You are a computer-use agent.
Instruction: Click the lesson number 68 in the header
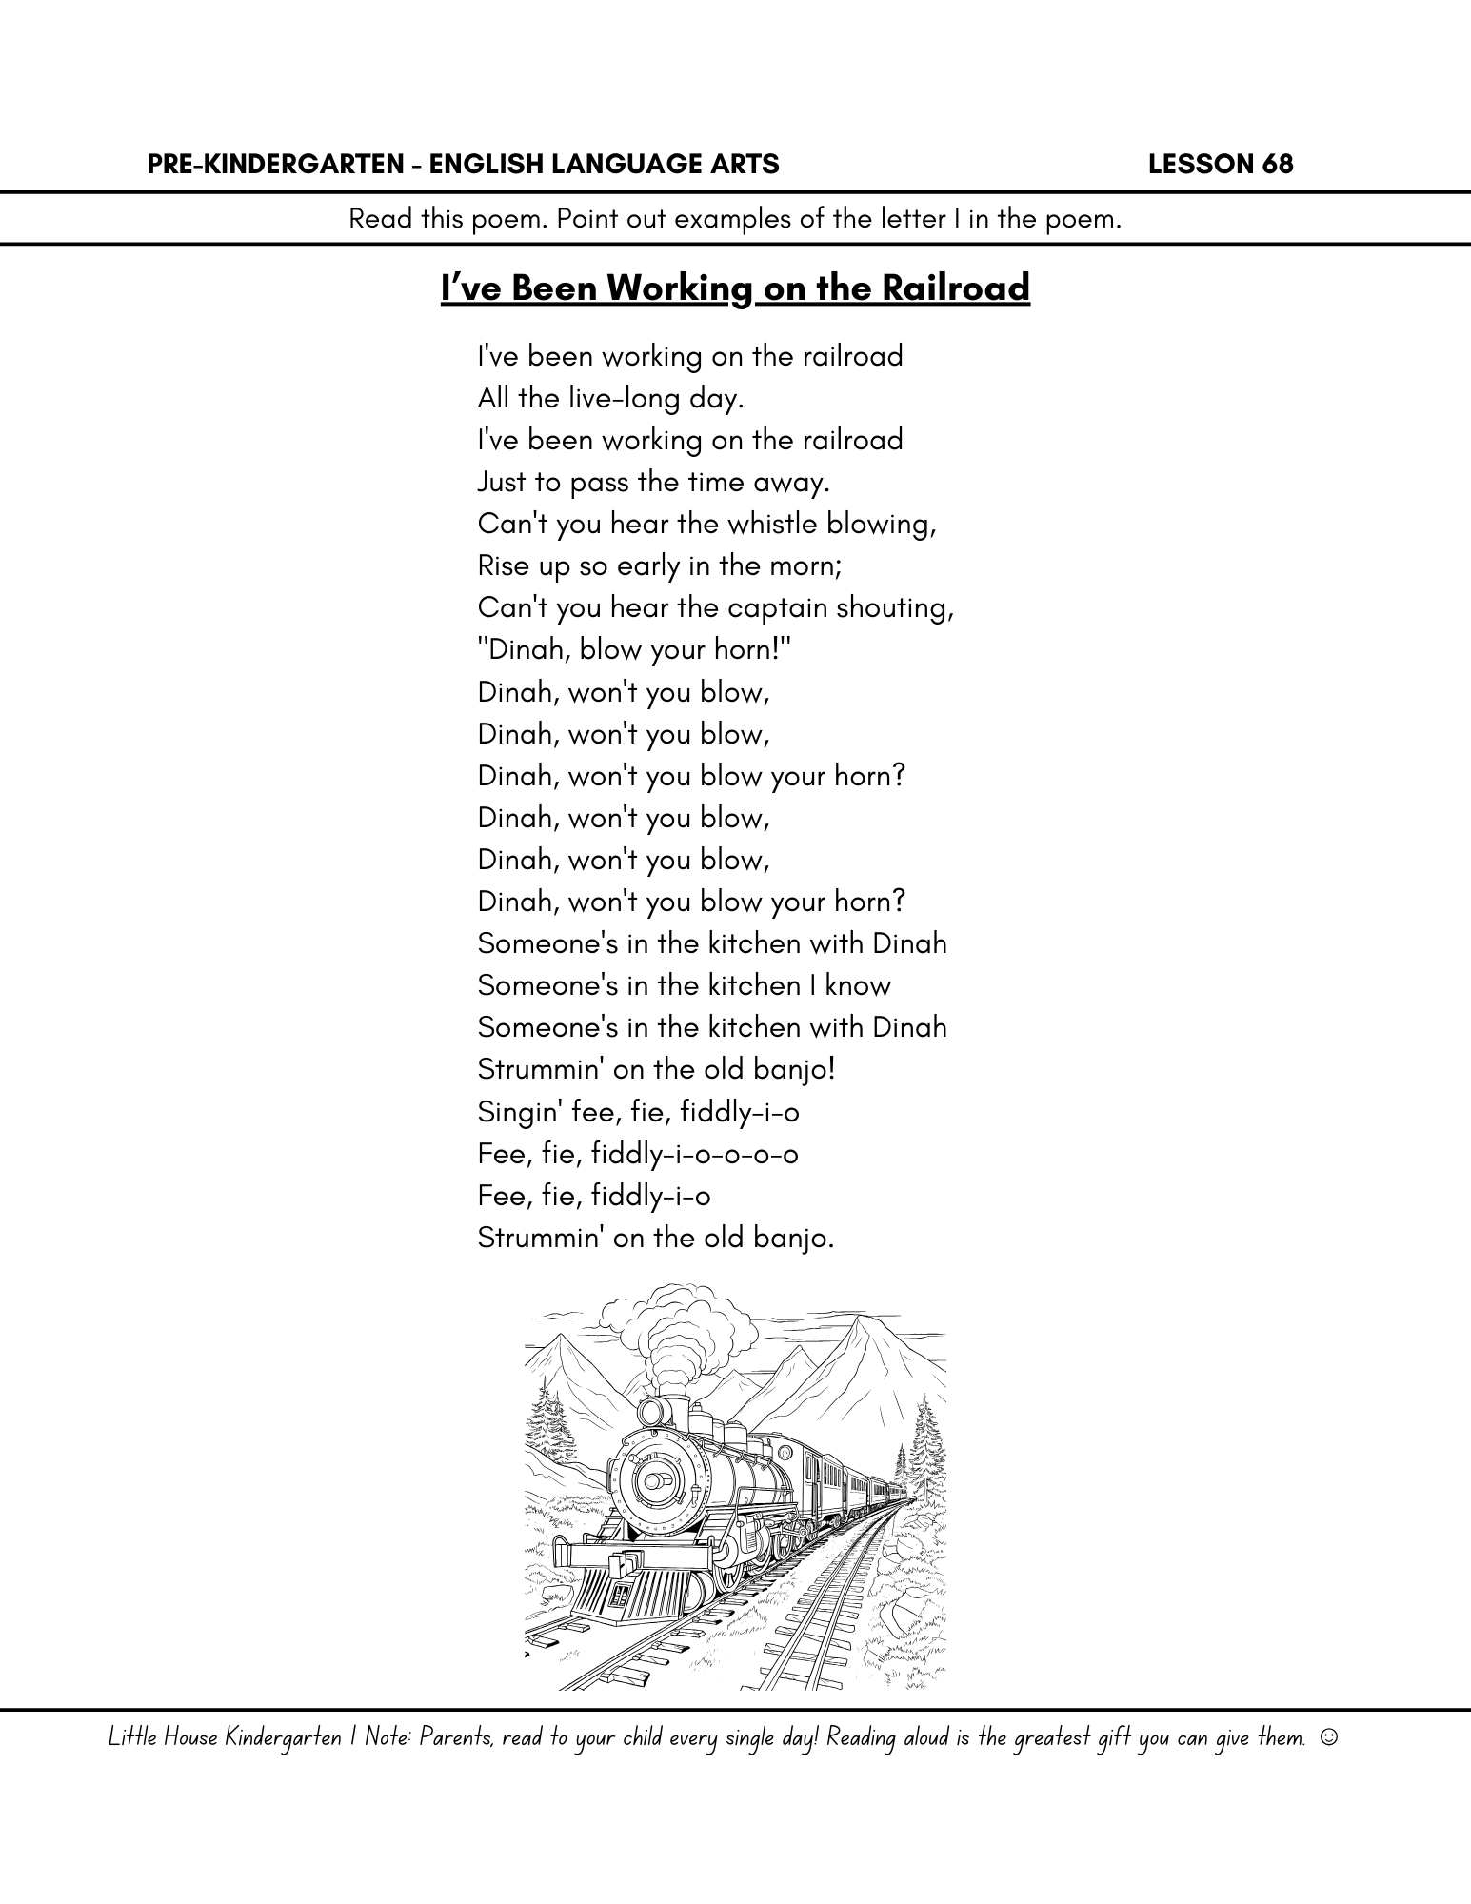[x=1278, y=165]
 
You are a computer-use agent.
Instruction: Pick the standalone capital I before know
[x=812, y=985]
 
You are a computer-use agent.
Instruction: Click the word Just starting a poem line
[x=502, y=482]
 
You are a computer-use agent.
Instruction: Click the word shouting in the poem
[x=894, y=608]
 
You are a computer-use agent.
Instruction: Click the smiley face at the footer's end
[x=1329, y=1737]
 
